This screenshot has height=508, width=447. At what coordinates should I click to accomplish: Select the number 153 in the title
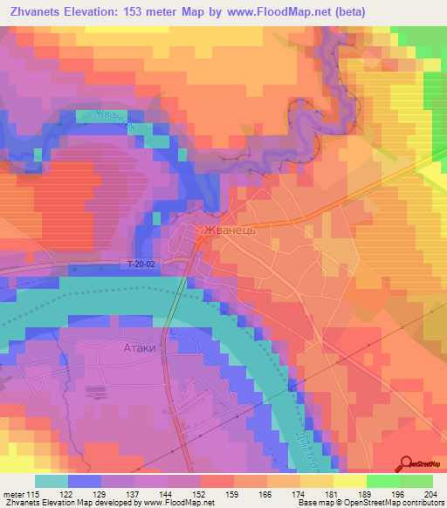[x=139, y=11]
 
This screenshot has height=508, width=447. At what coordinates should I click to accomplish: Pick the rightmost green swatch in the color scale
[x=416, y=481]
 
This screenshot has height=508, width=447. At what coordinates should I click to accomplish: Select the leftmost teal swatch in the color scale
[x=52, y=481]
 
